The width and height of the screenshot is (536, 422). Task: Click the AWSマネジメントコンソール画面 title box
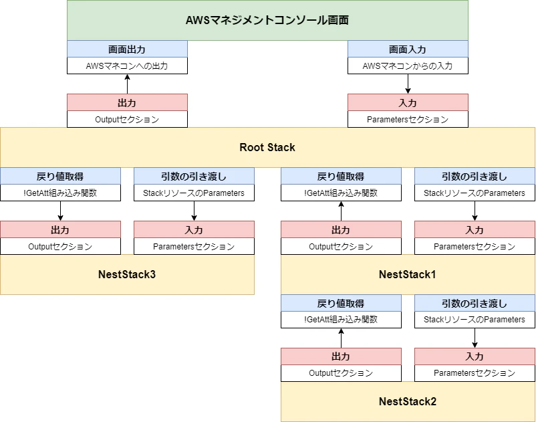point(267,20)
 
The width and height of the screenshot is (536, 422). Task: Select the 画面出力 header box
point(127,49)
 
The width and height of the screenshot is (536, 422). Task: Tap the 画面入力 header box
point(408,49)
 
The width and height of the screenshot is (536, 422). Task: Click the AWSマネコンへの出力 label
point(127,66)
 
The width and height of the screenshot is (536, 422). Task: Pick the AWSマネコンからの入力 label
point(408,66)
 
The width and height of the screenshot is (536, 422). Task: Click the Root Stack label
point(267,147)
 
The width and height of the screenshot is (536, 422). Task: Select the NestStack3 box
point(127,274)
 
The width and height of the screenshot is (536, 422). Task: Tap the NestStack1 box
point(408,274)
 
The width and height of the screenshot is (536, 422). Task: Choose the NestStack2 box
point(408,401)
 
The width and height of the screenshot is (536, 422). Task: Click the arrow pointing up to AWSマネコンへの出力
point(127,84)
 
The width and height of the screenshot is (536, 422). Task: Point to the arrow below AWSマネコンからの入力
point(408,84)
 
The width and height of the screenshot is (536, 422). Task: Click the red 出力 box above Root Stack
point(127,102)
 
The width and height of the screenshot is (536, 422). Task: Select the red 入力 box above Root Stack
point(408,102)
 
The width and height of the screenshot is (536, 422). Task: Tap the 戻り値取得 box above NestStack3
point(60,176)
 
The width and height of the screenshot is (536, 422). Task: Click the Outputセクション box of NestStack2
point(341,373)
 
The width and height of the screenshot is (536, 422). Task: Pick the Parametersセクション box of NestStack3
point(194,246)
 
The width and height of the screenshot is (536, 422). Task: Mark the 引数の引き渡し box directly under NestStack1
point(475,303)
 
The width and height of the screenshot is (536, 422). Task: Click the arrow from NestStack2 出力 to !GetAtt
point(341,338)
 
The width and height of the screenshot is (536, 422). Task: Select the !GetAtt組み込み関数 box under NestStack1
point(341,320)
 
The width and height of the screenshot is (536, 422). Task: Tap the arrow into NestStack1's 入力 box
point(475,211)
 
